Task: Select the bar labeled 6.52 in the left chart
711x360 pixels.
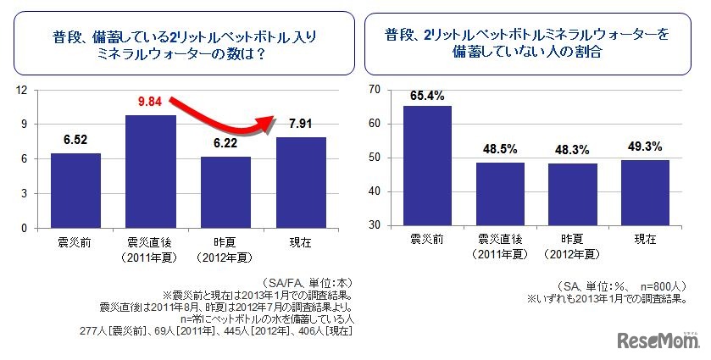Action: [x=75, y=191]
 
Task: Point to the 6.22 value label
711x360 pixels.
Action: [x=225, y=145]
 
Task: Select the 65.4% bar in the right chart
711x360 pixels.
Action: [x=426, y=166]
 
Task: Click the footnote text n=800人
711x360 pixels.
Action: [x=664, y=287]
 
